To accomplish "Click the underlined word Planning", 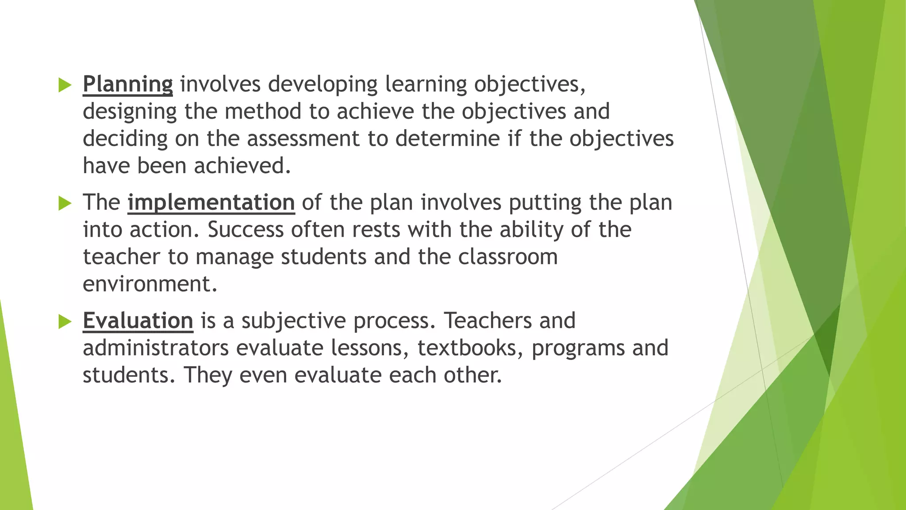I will (127, 84).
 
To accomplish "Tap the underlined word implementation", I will (211, 203).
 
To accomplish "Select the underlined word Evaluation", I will (138, 321).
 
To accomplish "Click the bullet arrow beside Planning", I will (65, 85).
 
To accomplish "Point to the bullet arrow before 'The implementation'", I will (65, 203).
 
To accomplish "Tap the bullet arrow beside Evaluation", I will (65, 321).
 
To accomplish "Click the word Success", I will (246, 230).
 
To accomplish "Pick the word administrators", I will (156, 348).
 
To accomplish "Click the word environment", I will (150, 284).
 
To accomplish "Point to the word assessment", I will (303, 139).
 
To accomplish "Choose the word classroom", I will (508, 257).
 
